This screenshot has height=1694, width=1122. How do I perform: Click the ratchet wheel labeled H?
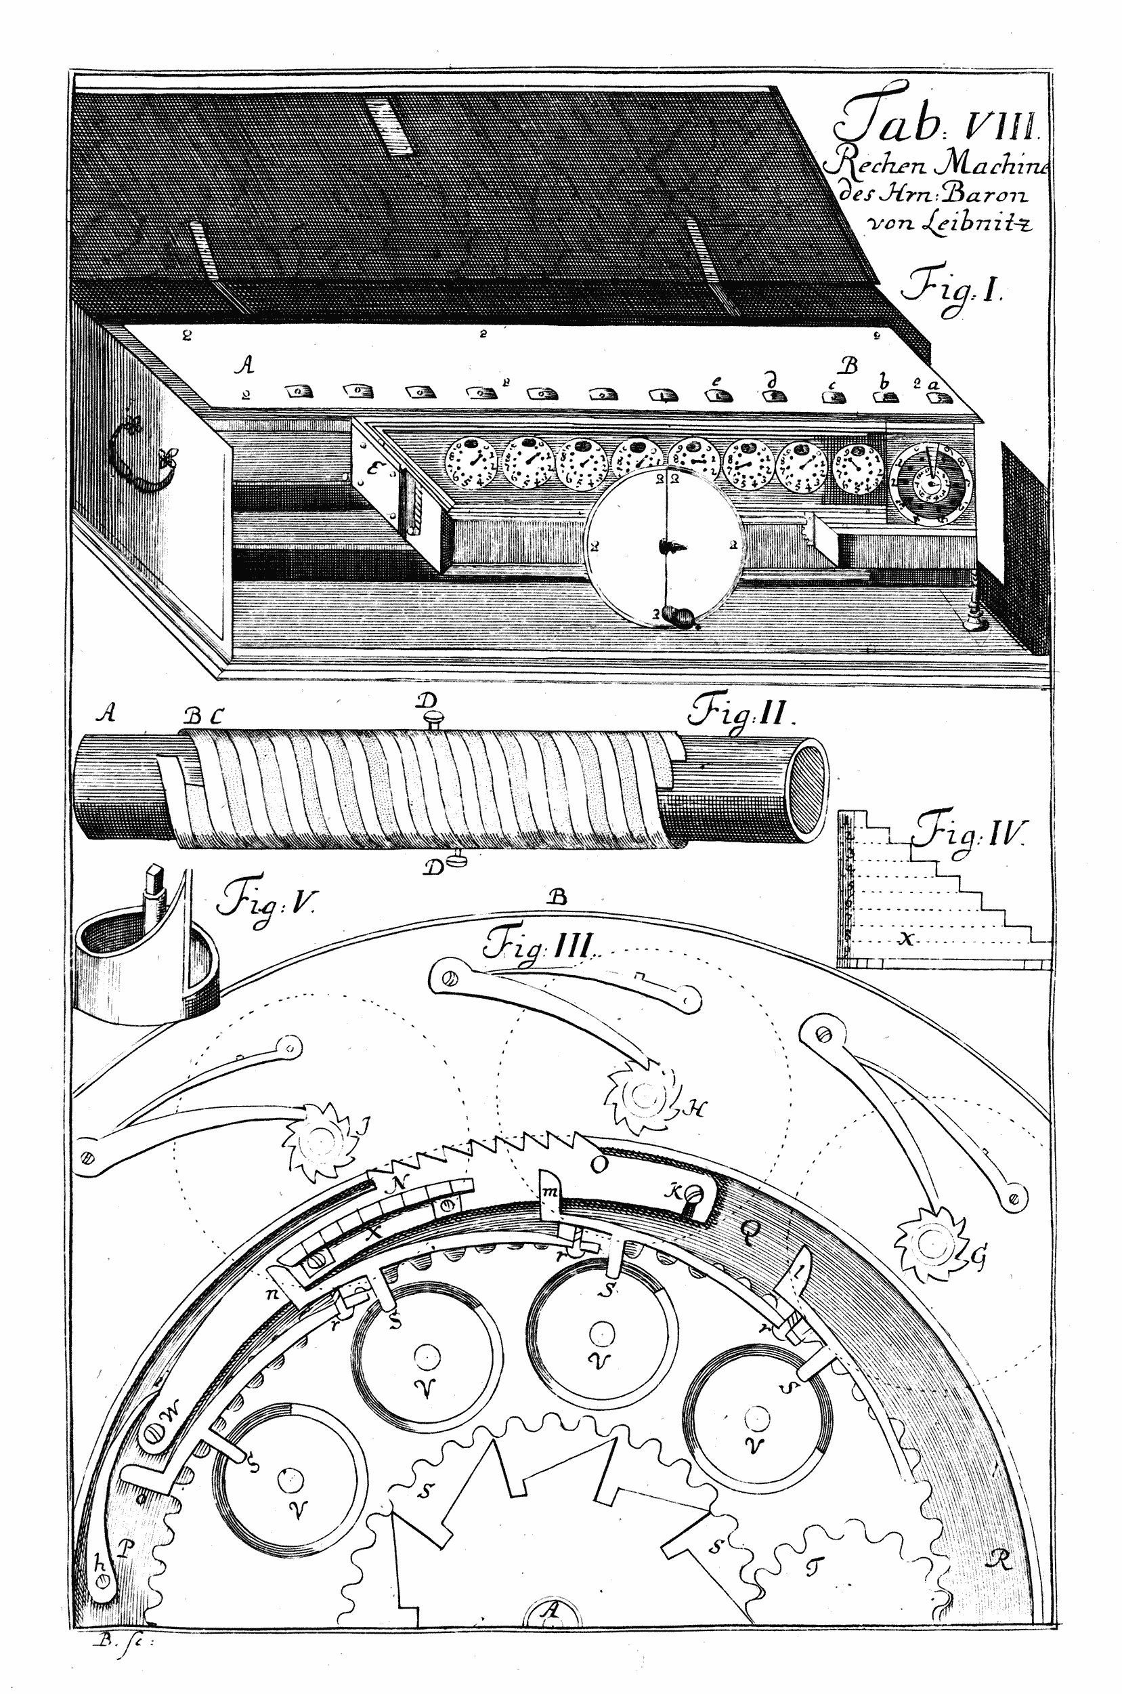click(x=643, y=1096)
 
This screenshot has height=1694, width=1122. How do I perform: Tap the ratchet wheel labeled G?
click(x=931, y=1244)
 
